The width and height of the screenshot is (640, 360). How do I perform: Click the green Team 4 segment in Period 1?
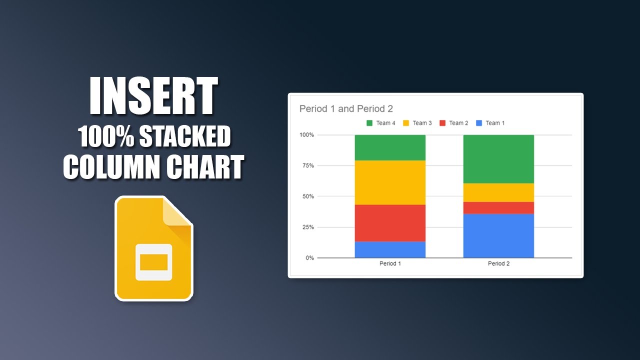pyautogui.click(x=390, y=147)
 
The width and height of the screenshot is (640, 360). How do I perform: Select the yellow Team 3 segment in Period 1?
pyautogui.click(x=390, y=182)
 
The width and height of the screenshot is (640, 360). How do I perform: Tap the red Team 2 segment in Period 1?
pyautogui.click(x=390, y=223)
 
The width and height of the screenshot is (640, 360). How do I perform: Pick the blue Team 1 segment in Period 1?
pyautogui.click(x=390, y=249)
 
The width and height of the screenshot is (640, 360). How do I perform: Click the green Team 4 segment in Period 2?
pyautogui.click(x=498, y=159)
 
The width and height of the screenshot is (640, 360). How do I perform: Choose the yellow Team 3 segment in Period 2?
pyautogui.click(x=498, y=192)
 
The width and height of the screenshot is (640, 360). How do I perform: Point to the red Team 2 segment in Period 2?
pyautogui.click(x=498, y=208)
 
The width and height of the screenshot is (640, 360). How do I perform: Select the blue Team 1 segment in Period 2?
pyautogui.click(x=498, y=235)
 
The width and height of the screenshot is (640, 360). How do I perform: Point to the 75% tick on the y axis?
pyautogui.click(x=307, y=165)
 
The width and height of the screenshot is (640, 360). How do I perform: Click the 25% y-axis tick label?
pyautogui.click(x=307, y=227)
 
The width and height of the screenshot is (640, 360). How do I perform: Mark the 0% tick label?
pyautogui.click(x=309, y=258)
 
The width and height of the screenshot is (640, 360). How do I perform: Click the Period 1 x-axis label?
pyautogui.click(x=390, y=263)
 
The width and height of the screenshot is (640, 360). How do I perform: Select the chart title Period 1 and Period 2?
pyautogui.click(x=346, y=108)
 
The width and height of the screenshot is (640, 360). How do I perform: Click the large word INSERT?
pyautogui.click(x=154, y=96)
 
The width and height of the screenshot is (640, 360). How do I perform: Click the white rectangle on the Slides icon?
pyautogui.click(x=154, y=262)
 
